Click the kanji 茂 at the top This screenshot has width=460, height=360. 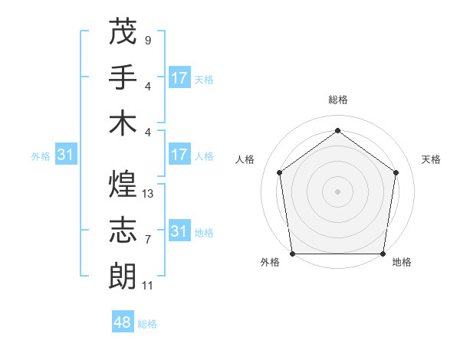(x=123, y=31)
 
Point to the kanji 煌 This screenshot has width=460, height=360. (x=123, y=183)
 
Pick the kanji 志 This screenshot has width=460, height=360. (x=123, y=229)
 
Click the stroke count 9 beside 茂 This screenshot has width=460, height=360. (x=147, y=40)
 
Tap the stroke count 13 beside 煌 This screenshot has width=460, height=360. (x=148, y=194)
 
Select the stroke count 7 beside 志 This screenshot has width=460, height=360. (x=147, y=240)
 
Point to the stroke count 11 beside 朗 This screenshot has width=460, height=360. (x=148, y=286)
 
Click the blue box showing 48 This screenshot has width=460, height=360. (x=123, y=322)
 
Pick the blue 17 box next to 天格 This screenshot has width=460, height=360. (x=179, y=78)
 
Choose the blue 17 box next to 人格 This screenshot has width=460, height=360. (x=179, y=155)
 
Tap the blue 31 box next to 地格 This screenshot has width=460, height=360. (x=179, y=231)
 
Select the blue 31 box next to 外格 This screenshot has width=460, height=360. (x=66, y=155)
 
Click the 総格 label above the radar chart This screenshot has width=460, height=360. (x=338, y=100)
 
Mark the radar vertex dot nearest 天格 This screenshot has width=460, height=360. (x=396, y=172)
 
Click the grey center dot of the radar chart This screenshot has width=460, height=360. (x=337, y=191)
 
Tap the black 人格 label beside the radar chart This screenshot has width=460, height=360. (x=245, y=159)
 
